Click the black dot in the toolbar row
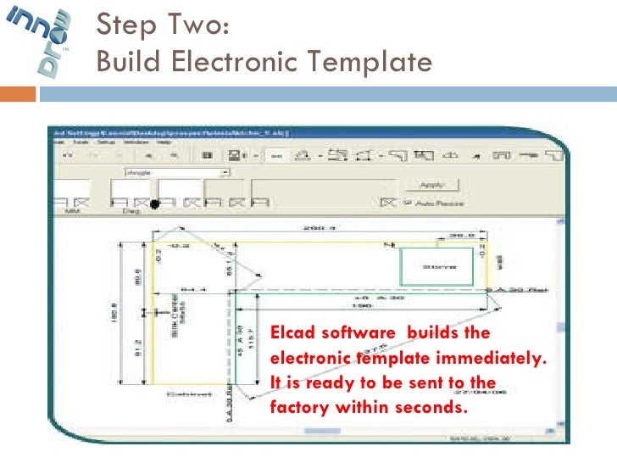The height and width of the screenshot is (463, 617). pos(154,204)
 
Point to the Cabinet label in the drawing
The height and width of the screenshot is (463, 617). pos(183,395)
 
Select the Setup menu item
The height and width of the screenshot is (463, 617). pos(108,143)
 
